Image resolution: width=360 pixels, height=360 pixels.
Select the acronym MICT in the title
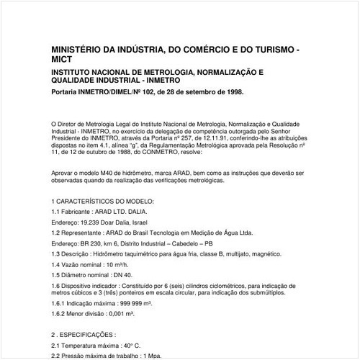(x=63, y=63)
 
